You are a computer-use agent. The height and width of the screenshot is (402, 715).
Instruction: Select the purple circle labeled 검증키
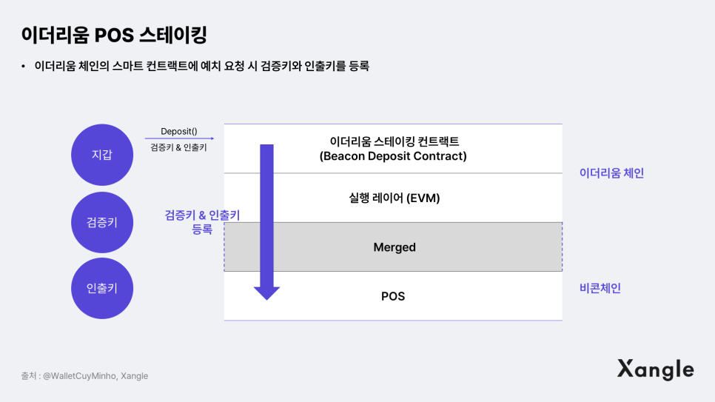pyautogui.click(x=101, y=221)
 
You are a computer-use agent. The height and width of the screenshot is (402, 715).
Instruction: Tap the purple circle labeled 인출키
pyautogui.click(x=101, y=288)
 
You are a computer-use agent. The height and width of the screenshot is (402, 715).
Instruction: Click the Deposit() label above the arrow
pyautogui.click(x=178, y=131)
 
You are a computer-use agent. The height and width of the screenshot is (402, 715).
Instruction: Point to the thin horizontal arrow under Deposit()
pyautogui.click(x=178, y=138)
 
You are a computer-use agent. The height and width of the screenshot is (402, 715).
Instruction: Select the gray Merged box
pyautogui.click(x=393, y=247)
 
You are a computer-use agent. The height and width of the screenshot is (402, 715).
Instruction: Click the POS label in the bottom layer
pyautogui.click(x=393, y=296)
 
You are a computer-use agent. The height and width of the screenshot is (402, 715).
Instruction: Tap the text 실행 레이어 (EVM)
pyautogui.click(x=393, y=198)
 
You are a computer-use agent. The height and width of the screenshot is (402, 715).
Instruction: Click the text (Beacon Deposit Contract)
pyautogui.click(x=393, y=156)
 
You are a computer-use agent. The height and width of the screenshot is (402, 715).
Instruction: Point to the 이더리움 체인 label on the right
pyautogui.click(x=611, y=172)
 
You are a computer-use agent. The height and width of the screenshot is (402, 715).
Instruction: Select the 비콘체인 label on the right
pyautogui.click(x=600, y=288)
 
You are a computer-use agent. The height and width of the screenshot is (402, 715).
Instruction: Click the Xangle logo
pyautogui.click(x=656, y=369)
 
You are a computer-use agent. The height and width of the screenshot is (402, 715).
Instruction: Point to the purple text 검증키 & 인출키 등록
pyautogui.click(x=202, y=221)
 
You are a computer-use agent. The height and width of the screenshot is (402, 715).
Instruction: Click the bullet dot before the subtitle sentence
pyautogui.click(x=24, y=67)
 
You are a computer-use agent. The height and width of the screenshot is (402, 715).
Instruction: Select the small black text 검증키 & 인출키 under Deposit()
pyautogui.click(x=178, y=148)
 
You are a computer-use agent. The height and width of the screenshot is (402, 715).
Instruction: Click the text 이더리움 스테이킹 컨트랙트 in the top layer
pyautogui.click(x=393, y=141)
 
